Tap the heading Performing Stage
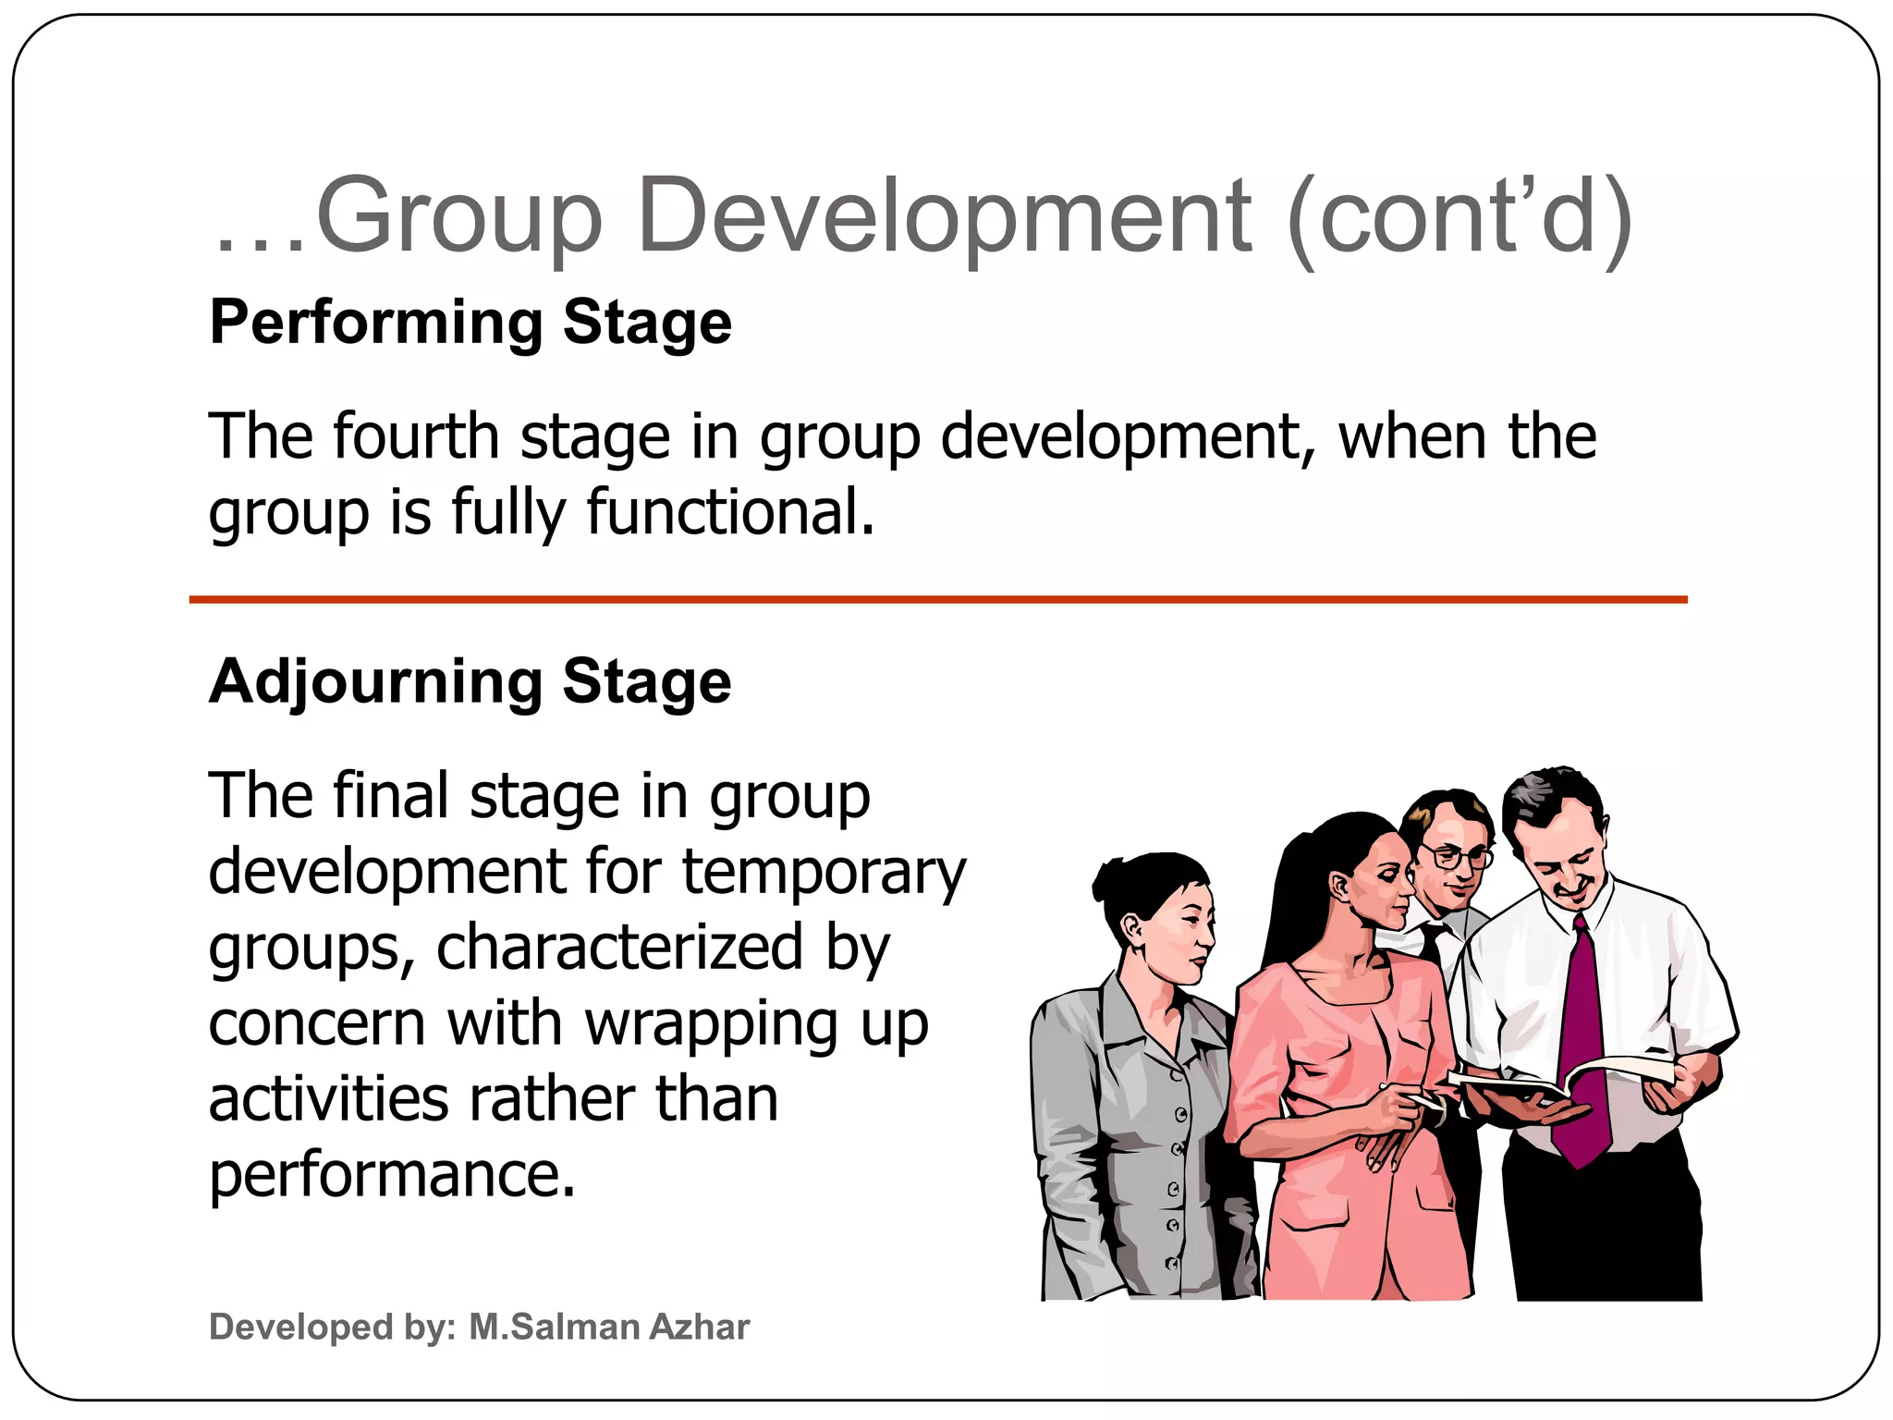(470, 323)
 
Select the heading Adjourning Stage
(470, 681)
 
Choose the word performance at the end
(392, 1175)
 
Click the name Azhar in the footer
(700, 1327)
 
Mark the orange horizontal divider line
(938, 600)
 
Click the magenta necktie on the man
(1582, 1045)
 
